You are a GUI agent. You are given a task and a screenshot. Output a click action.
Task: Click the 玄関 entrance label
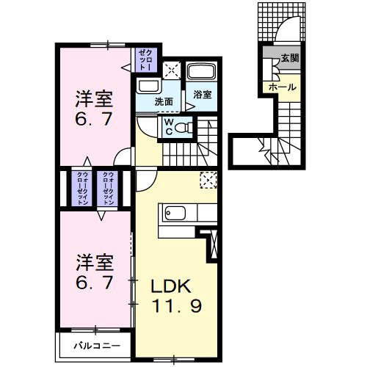(288, 58)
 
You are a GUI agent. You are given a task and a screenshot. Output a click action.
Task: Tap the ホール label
(283, 87)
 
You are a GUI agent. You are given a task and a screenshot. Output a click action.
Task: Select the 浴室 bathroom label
(201, 94)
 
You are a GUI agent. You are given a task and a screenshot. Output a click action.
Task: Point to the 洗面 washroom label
(164, 102)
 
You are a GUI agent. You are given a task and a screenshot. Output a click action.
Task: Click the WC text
(168, 126)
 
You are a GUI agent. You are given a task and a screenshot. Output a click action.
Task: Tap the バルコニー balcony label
(95, 344)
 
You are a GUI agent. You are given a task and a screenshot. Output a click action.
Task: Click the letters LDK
(172, 286)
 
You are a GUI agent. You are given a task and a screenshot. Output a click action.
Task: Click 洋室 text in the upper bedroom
(94, 98)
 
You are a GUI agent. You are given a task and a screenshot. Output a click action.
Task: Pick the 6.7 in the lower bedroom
(94, 283)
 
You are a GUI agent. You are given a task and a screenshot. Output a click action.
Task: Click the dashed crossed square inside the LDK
(208, 180)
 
